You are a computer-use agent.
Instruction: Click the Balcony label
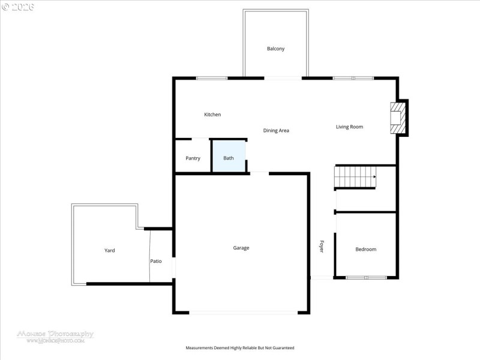[x=275, y=49]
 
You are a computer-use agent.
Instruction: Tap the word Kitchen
[x=212, y=115]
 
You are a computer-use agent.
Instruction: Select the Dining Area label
[x=276, y=130]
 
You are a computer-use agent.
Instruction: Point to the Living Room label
[x=349, y=127]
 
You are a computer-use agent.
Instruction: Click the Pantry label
[x=193, y=158]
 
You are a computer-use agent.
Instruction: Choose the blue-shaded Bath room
[x=229, y=157]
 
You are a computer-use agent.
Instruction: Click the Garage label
[x=241, y=248]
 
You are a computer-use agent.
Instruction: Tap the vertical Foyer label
[x=322, y=246]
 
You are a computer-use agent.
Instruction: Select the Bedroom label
[x=365, y=249]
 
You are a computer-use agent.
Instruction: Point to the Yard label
[x=109, y=250]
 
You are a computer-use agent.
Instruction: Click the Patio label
[x=156, y=261]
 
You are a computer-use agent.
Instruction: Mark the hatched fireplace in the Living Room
[x=397, y=118]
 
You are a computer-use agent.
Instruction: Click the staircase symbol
[x=355, y=177]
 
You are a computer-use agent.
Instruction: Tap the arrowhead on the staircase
[x=374, y=177]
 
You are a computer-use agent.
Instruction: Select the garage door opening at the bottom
[x=242, y=312]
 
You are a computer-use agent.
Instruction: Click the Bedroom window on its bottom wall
[x=367, y=277]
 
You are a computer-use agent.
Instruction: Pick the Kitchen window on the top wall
[x=212, y=78]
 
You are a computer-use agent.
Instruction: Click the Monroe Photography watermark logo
[x=55, y=336]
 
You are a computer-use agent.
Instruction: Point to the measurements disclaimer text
[x=240, y=348]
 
